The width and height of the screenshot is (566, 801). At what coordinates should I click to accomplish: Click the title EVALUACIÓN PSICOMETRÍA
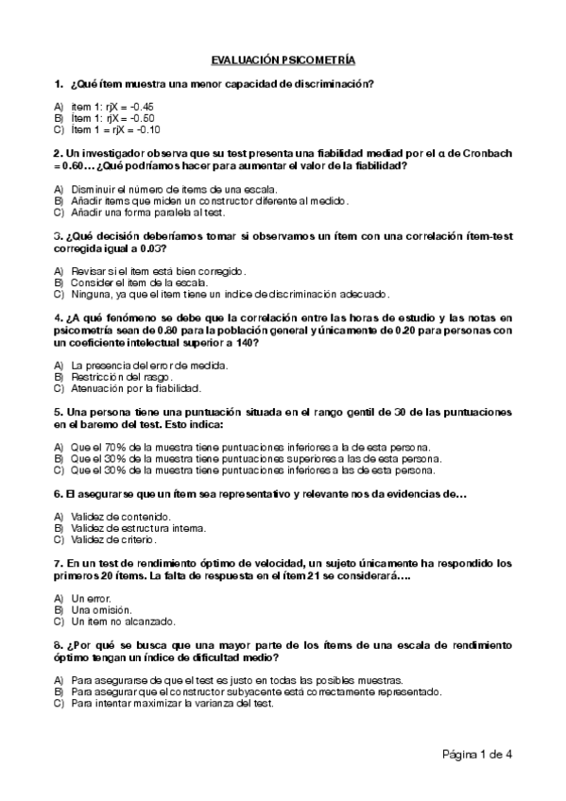click(283, 60)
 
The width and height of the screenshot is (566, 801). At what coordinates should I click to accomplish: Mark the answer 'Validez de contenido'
click(120, 517)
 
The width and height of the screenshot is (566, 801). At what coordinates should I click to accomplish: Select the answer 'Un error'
click(91, 599)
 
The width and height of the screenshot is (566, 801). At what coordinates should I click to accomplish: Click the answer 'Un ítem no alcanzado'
click(116, 622)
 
